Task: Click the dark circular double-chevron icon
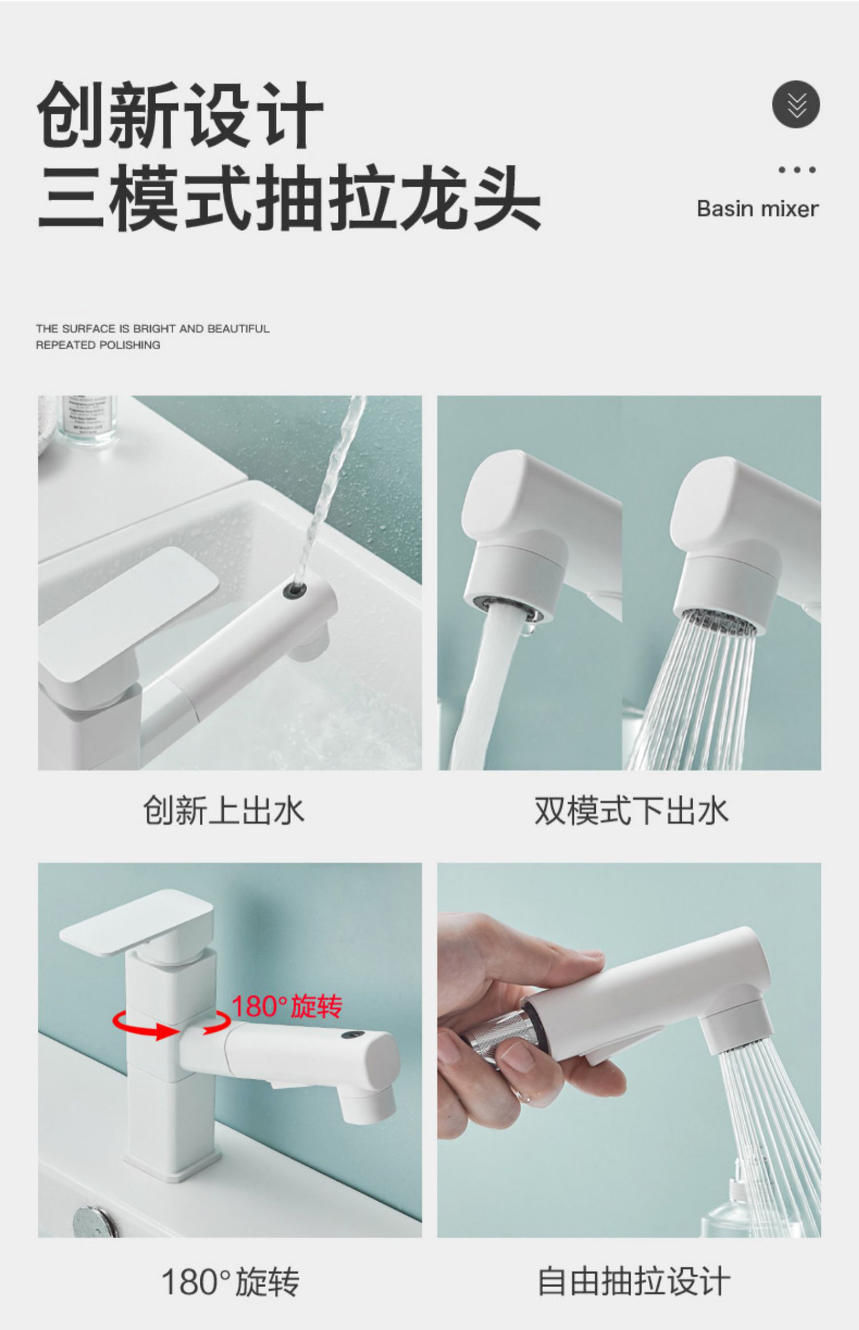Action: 796,105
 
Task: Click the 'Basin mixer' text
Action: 757,209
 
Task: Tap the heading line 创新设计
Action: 180,114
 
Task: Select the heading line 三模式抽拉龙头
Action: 289,197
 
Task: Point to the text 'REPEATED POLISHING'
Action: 98,345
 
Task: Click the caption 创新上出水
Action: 223,810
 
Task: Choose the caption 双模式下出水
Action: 630,810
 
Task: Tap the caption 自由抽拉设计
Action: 633,1282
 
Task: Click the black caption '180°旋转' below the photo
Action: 230,1282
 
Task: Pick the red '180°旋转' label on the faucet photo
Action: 287,1006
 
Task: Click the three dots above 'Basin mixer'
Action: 797,170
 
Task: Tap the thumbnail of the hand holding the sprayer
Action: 628,1049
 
